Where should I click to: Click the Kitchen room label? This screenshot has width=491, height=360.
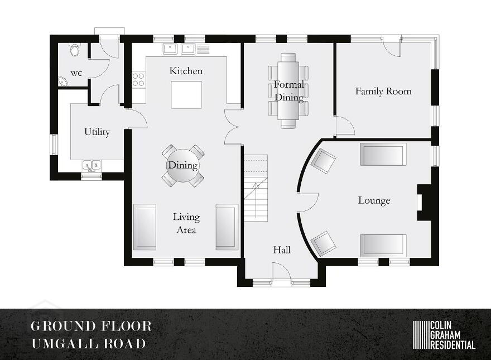(x=186, y=71)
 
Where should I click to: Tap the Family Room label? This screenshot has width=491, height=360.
(x=383, y=91)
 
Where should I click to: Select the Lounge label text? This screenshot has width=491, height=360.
(x=374, y=200)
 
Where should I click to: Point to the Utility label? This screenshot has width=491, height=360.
(x=97, y=132)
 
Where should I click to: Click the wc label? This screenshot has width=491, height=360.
(x=76, y=73)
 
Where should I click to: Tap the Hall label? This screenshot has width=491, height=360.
(x=282, y=249)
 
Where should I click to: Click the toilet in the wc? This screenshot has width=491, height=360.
(x=75, y=50)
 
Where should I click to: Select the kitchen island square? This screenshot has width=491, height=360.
(x=186, y=95)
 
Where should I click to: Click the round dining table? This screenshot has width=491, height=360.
(x=183, y=165)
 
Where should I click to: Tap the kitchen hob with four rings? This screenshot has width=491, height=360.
(x=139, y=79)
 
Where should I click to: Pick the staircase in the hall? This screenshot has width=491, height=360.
(x=256, y=188)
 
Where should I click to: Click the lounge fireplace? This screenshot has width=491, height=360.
(x=424, y=203)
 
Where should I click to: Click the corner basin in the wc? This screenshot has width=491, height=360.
(x=62, y=81)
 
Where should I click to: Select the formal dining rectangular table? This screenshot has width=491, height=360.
(x=288, y=91)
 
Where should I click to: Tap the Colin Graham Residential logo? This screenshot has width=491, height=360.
(x=444, y=335)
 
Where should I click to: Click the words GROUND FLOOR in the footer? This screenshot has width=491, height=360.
(x=91, y=326)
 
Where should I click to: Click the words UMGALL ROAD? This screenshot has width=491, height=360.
(x=89, y=343)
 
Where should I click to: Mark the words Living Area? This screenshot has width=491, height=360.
(x=186, y=223)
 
